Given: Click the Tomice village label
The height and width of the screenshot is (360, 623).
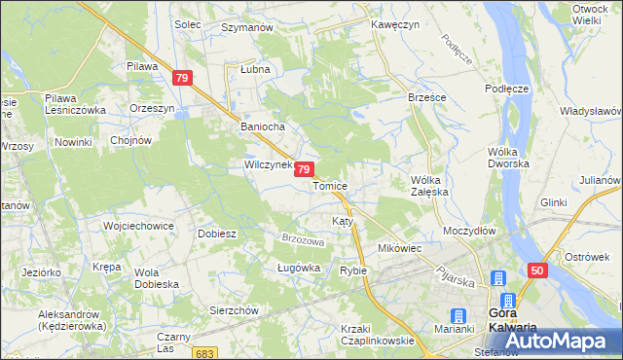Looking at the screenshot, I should tap(330, 186).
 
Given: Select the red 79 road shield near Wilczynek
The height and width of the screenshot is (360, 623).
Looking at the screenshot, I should tap(305, 169).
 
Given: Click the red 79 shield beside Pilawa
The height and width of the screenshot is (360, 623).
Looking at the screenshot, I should tap(181, 78).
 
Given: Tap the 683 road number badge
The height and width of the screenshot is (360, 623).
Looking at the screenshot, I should tap(203, 351).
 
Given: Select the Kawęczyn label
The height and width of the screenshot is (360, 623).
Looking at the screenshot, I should tap(395, 23).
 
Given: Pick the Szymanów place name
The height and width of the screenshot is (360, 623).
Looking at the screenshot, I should tap(246, 28).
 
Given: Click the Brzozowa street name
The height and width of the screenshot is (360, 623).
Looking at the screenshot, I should tap(302, 240).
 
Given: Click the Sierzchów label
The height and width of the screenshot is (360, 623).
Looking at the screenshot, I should tap(234, 310).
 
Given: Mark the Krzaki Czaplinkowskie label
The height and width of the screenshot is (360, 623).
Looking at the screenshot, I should tap(377, 335).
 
